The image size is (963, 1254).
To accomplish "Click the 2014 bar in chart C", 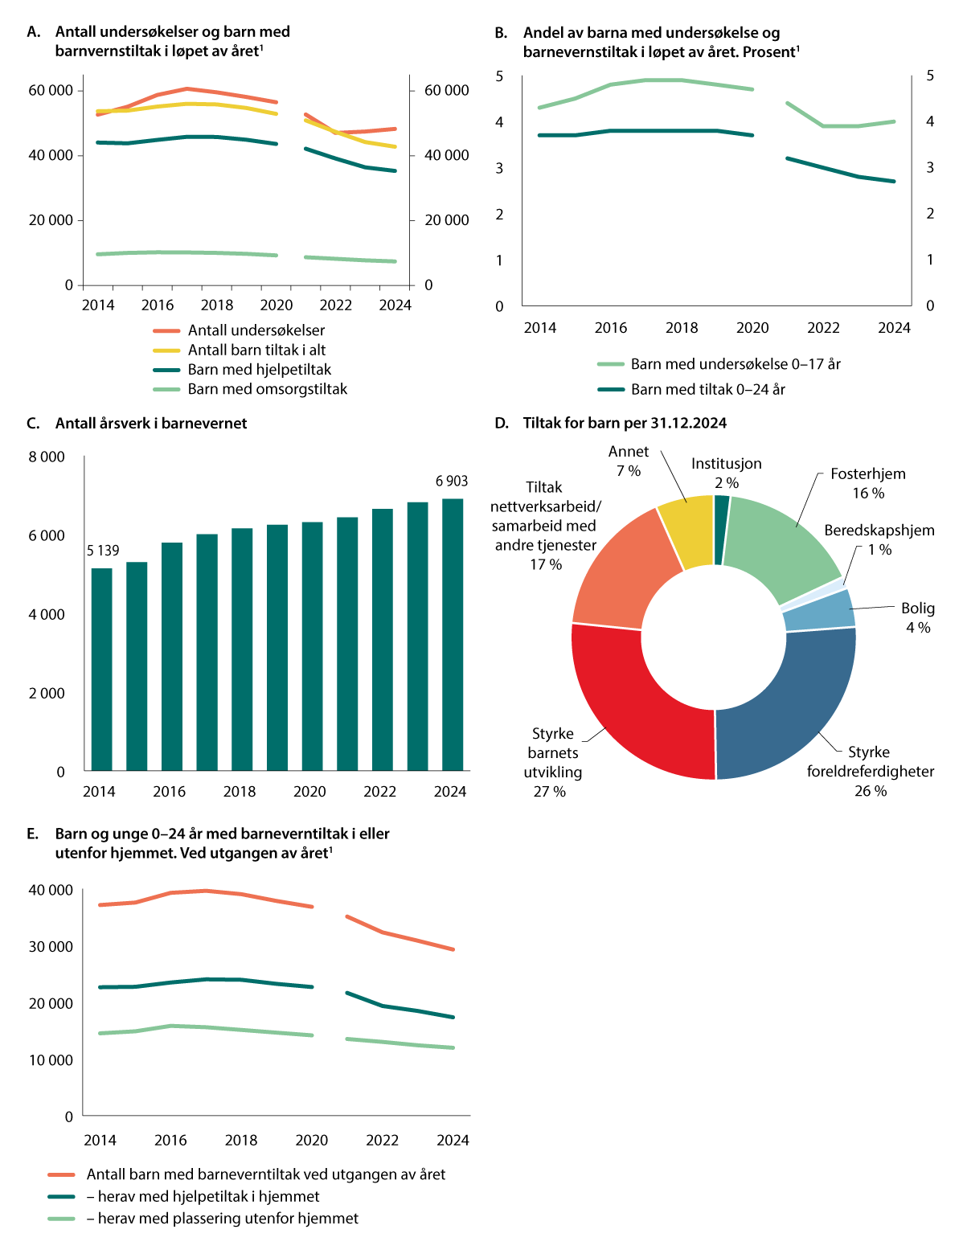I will click(x=101, y=669).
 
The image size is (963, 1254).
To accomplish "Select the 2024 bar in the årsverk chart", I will click(x=453, y=635).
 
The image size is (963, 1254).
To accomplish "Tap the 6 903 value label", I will click(x=452, y=482).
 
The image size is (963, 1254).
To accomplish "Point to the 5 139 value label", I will click(x=103, y=551).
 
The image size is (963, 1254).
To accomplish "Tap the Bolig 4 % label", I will click(x=917, y=617).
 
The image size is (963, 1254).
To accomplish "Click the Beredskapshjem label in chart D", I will click(x=879, y=531).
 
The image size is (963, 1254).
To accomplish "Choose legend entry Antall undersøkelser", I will click(x=256, y=330).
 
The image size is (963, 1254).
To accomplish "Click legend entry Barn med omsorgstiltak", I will click(x=267, y=389).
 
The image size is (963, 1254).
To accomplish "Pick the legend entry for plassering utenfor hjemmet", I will click(x=227, y=1219).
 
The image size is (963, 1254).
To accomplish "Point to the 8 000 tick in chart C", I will click(x=47, y=457).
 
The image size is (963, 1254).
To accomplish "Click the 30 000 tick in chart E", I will click(x=51, y=947).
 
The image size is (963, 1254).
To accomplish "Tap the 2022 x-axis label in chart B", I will click(x=823, y=328).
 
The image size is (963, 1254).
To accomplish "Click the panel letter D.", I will click(x=502, y=424).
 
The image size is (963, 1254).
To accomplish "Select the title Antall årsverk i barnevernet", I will click(x=151, y=424).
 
